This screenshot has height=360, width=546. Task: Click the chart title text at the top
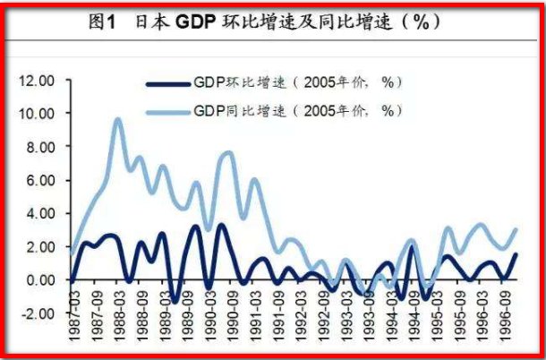click(x=273, y=22)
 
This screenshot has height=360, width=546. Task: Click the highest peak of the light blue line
click(x=118, y=119)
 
